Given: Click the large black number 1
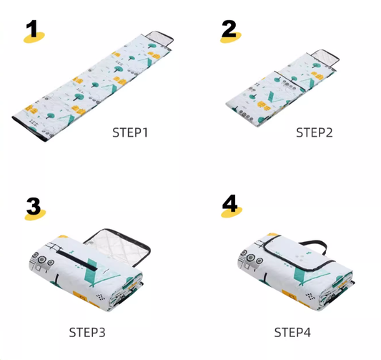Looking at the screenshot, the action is [x=32, y=29].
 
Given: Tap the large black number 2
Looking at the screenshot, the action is [x=229, y=29].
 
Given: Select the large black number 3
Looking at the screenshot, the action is [x=34, y=206].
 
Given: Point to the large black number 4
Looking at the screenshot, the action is [x=229, y=203].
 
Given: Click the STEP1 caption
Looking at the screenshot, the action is [x=130, y=132].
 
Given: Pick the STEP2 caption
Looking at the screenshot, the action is [x=315, y=132].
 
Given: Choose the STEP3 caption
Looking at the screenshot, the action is [x=87, y=332].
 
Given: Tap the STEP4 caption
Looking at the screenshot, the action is [x=292, y=332].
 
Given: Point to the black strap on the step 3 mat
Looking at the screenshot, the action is [x=76, y=261].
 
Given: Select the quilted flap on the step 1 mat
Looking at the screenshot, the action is [x=159, y=39].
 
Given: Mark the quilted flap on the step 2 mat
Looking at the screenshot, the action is [x=325, y=57].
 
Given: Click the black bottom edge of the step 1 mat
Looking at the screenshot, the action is [x=29, y=130].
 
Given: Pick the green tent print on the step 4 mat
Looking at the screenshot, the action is [x=309, y=273].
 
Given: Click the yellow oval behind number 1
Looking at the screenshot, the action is [x=34, y=37].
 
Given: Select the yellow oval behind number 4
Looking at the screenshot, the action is [x=232, y=212].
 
